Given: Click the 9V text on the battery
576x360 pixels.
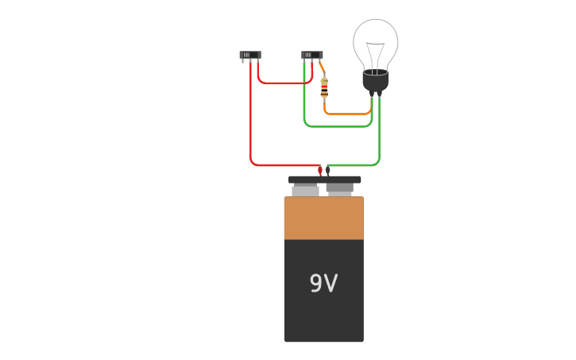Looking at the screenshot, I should click(x=323, y=284).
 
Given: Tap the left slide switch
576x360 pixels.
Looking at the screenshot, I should click(x=250, y=56).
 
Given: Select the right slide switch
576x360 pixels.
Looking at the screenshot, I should click(x=312, y=56).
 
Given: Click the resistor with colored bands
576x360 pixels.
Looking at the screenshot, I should click(x=324, y=88).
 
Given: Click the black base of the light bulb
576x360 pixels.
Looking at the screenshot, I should click(x=375, y=81).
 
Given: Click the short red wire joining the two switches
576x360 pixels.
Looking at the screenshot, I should click(x=283, y=83).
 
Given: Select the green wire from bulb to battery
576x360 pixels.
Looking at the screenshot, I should click(x=379, y=135).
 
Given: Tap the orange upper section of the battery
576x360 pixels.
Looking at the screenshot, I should click(x=323, y=218).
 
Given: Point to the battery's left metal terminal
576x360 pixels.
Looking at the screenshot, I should click(x=306, y=191).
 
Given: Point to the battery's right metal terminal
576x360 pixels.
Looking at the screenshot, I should click(x=340, y=191).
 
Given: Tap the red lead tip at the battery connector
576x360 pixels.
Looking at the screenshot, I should click(x=320, y=171).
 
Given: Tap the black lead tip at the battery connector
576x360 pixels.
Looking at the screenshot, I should click(x=327, y=171).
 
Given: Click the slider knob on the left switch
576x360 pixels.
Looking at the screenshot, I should click(x=247, y=55).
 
